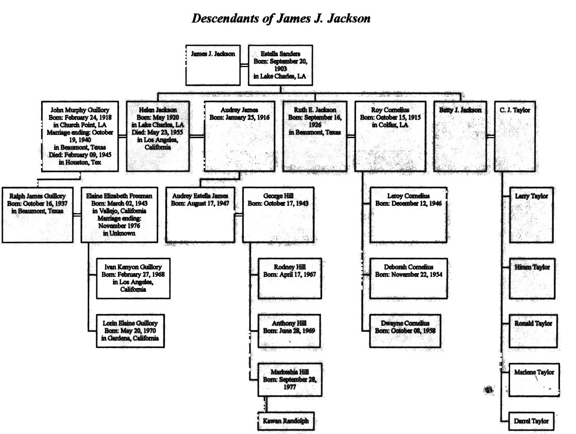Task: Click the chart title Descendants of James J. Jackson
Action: (x=281, y=19)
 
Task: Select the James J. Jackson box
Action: (x=213, y=65)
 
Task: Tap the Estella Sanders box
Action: (x=280, y=65)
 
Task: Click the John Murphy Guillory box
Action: (x=80, y=137)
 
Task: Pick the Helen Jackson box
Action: (x=158, y=137)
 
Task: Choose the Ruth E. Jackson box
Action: (x=315, y=137)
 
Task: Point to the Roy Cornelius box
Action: (x=390, y=137)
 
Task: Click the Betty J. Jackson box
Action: (x=460, y=137)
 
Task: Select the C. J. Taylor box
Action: (x=515, y=137)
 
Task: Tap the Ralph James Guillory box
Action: (x=38, y=215)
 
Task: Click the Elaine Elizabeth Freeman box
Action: (x=120, y=215)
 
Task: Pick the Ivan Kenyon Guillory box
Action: (x=133, y=278)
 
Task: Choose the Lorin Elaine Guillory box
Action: (x=130, y=331)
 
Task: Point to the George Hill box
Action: (x=278, y=215)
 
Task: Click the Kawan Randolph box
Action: (x=286, y=421)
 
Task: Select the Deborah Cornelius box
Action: (x=409, y=278)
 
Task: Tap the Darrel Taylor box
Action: (x=531, y=421)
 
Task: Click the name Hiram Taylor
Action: (x=532, y=267)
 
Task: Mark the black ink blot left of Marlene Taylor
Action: (x=488, y=390)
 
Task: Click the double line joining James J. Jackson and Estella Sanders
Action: (x=244, y=65)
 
